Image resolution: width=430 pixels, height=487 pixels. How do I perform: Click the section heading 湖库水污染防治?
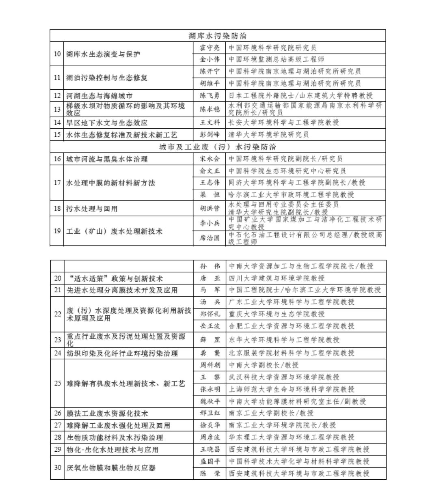pyautogui.click(x=218, y=36)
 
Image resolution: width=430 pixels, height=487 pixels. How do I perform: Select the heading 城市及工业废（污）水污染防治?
pyautogui.click(x=217, y=147)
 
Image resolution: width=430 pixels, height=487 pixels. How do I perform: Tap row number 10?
pyautogui.click(x=57, y=54)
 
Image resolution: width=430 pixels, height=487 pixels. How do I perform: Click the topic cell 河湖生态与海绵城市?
pyautogui.click(x=99, y=96)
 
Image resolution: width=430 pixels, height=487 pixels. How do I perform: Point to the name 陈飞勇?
pyautogui.click(x=210, y=96)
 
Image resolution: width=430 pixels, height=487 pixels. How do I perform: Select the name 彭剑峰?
pyautogui.click(x=210, y=135)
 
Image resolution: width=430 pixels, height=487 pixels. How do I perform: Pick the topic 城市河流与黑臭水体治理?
pyautogui.click(x=107, y=159)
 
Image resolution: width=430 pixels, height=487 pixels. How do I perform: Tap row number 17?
pyautogui.click(x=57, y=183)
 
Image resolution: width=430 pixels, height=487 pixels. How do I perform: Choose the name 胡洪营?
pyautogui.click(x=210, y=209)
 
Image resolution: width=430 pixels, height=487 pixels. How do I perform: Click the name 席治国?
pyautogui.click(x=210, y=238)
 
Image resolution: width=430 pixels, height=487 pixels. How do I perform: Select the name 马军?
pyautogui.click(x=210, y=290)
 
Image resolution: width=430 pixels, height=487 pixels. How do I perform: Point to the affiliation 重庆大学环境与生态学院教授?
pyautogui.click(x=277, y=314)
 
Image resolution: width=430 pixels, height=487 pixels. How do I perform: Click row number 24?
pyautogui.click(x=57, y=353)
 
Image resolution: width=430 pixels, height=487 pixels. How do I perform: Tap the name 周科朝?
pyautogui.click(x=210, y=365)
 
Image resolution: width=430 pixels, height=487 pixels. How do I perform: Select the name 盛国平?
pyautogui.click(x=210, y=462)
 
